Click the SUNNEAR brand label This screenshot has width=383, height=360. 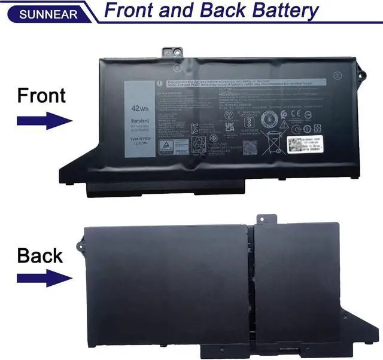39,13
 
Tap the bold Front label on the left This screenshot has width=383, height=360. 41,96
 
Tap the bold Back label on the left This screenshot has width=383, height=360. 40,255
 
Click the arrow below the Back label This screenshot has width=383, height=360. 44,277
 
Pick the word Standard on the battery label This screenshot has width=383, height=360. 140,120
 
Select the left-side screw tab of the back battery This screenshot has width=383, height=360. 78,245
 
